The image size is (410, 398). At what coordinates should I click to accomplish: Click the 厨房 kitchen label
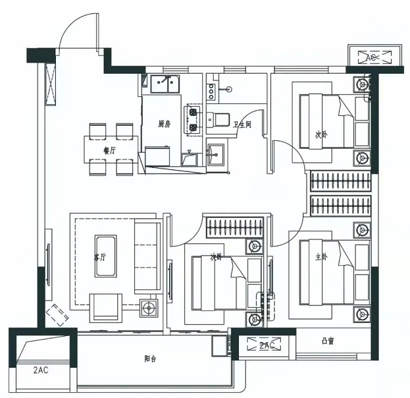click(165, 124)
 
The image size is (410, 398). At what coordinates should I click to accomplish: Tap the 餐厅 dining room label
click(110, 151)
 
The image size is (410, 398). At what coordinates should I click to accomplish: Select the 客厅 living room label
click(100, 257)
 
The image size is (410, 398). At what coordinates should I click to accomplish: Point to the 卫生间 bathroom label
click(242, 125)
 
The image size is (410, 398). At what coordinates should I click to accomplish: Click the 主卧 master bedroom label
click(321, 257)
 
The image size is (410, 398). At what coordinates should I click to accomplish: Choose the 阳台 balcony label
click(150, 358)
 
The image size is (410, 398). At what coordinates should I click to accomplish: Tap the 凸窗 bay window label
click(328, 341)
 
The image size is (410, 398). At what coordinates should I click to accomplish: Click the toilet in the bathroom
click(218, 120)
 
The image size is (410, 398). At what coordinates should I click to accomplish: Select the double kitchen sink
click(165, 84)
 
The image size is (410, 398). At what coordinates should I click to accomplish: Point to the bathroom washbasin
click(216, 155)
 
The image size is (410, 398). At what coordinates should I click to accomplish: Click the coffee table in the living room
click(106, 256)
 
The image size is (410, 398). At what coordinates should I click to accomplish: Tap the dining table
click(111, 150)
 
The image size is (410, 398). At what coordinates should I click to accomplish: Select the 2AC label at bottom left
click(41, 370)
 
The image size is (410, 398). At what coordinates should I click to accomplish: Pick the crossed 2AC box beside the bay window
click(264, 345)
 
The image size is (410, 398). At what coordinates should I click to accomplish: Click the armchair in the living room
click(106, 308)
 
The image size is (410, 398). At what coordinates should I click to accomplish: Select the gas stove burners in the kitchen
click(193, 120)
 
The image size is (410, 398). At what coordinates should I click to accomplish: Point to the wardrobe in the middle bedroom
click(235, 227)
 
